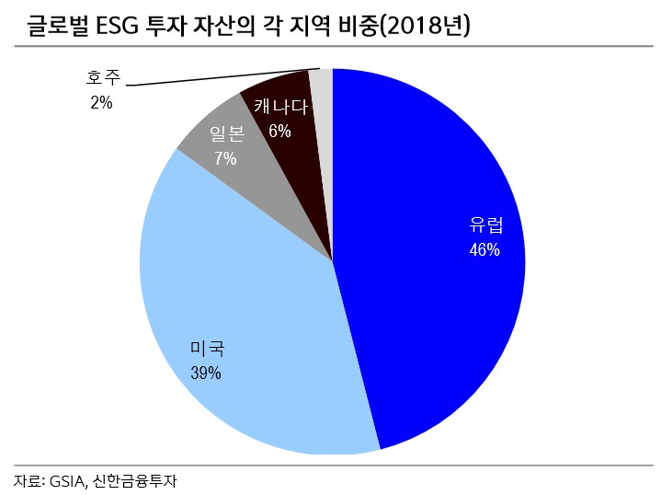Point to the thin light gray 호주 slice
(x=322, y=127)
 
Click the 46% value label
(x=484, y=250)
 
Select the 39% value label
(x=206, y=373)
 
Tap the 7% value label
(x=225, y=158)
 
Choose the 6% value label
(x=279, y=132)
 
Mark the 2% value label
(x=101, y=102)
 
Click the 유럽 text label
(x=486, y=224)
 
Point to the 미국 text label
(x=208, y=348)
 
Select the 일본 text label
(x=227, y=133)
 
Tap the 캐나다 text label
(x=280, y=107)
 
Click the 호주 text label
(x=103, y=77)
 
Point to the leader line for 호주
(x=223, y=76)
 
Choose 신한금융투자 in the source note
(x=134, y=481)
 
